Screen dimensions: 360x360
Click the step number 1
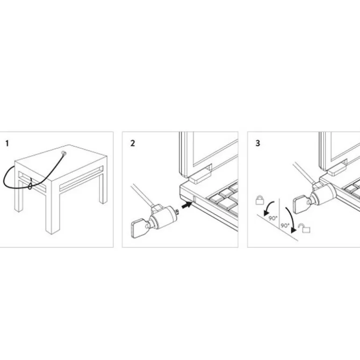pos(7,143)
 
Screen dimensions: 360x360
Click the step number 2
pos(133,143)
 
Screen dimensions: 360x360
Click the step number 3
pos(258,143)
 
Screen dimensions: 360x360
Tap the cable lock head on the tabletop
pos(64,153)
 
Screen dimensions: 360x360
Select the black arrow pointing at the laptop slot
pos(186,203)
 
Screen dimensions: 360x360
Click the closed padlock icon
pos(259,201)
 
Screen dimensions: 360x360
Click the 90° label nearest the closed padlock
pos(271,218)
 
